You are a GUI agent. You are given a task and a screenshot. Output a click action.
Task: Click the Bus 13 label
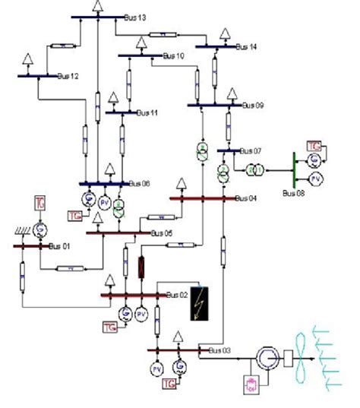click(x=134, y=17)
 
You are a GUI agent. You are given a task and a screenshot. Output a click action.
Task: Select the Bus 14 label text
click(x=246, y=47)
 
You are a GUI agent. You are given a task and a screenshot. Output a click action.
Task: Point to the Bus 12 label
click(x=68, y=76)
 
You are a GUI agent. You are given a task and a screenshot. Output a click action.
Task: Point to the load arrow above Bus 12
click(x=28, y=59)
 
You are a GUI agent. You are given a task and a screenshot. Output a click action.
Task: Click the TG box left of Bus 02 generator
click(x=109, y=327)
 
